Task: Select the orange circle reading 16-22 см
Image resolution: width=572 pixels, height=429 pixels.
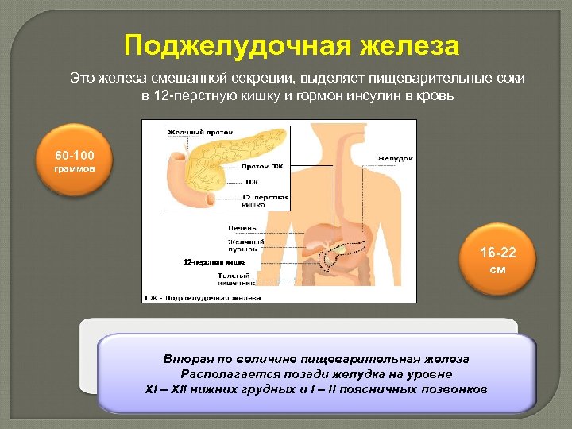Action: coord(498,261)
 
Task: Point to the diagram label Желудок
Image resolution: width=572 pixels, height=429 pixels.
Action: coord(395,158)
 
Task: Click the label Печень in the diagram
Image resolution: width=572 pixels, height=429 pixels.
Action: coord(242,228)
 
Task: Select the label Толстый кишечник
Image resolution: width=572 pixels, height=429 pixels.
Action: coord(237,279)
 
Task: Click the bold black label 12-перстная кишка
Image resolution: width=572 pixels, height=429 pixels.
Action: coord(214,262)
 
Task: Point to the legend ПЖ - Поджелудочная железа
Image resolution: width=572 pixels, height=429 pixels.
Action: coord(203,297)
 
